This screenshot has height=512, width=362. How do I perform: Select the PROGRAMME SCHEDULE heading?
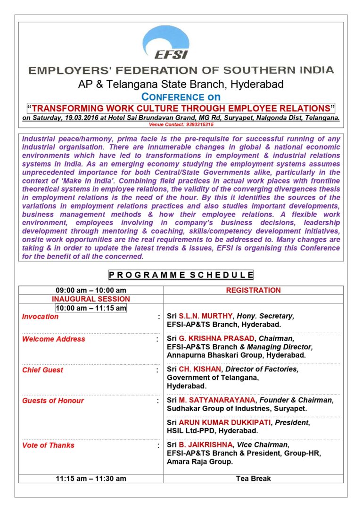pos(181,275)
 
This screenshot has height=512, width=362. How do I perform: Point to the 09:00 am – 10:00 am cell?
pos(91,290)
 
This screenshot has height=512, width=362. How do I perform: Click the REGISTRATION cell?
pos(253,290)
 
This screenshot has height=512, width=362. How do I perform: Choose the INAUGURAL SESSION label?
pos(91,299)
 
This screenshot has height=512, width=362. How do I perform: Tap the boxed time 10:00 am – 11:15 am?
pos(91,308)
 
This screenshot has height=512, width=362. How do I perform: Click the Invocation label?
pos(41,317)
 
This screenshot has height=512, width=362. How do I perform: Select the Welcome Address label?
pos(54,339)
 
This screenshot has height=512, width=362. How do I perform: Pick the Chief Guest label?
pos(42,370)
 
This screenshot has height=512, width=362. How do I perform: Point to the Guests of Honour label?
pos(53,401)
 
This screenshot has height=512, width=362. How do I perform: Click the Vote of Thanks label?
pos(48,445)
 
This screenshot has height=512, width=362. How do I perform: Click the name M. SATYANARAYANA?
pos(216,400)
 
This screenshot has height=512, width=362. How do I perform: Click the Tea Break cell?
pos(253,478)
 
